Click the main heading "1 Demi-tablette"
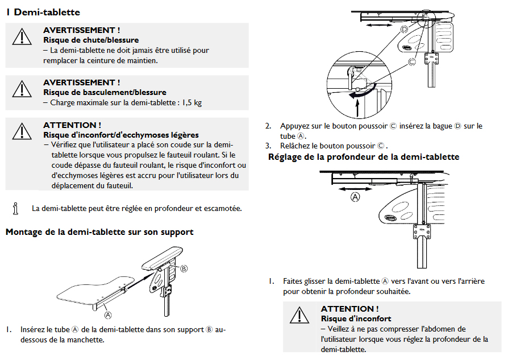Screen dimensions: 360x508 point(43,12)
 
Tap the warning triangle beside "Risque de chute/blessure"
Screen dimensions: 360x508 point(22,36)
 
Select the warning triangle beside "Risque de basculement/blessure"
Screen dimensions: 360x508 point(22,89)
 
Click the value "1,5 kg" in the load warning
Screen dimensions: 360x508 point(192,103)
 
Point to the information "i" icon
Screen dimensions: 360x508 point(16,208)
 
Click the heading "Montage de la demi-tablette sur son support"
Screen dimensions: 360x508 point(99,232)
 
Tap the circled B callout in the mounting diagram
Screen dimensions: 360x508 point(184,268)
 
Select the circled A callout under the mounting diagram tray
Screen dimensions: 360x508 point(107,312)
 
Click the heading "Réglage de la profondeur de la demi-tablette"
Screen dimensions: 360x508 point(364,157)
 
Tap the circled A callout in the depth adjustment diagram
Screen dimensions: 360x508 point(356,197)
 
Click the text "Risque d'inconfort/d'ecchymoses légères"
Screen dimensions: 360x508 point(121,135)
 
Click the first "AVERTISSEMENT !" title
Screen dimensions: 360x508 point(82,30)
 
